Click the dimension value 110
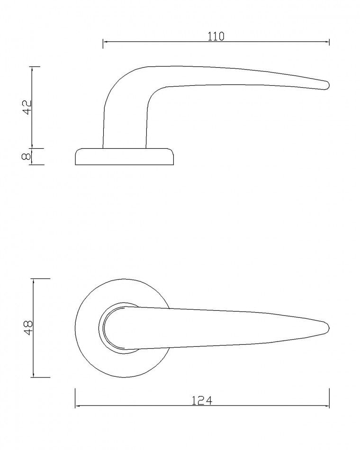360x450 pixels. [x=216, y=36]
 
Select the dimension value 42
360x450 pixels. [x=27, y=108]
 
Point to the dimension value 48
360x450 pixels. [x=29, y=328]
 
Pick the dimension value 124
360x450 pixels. [x=202, y=401]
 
